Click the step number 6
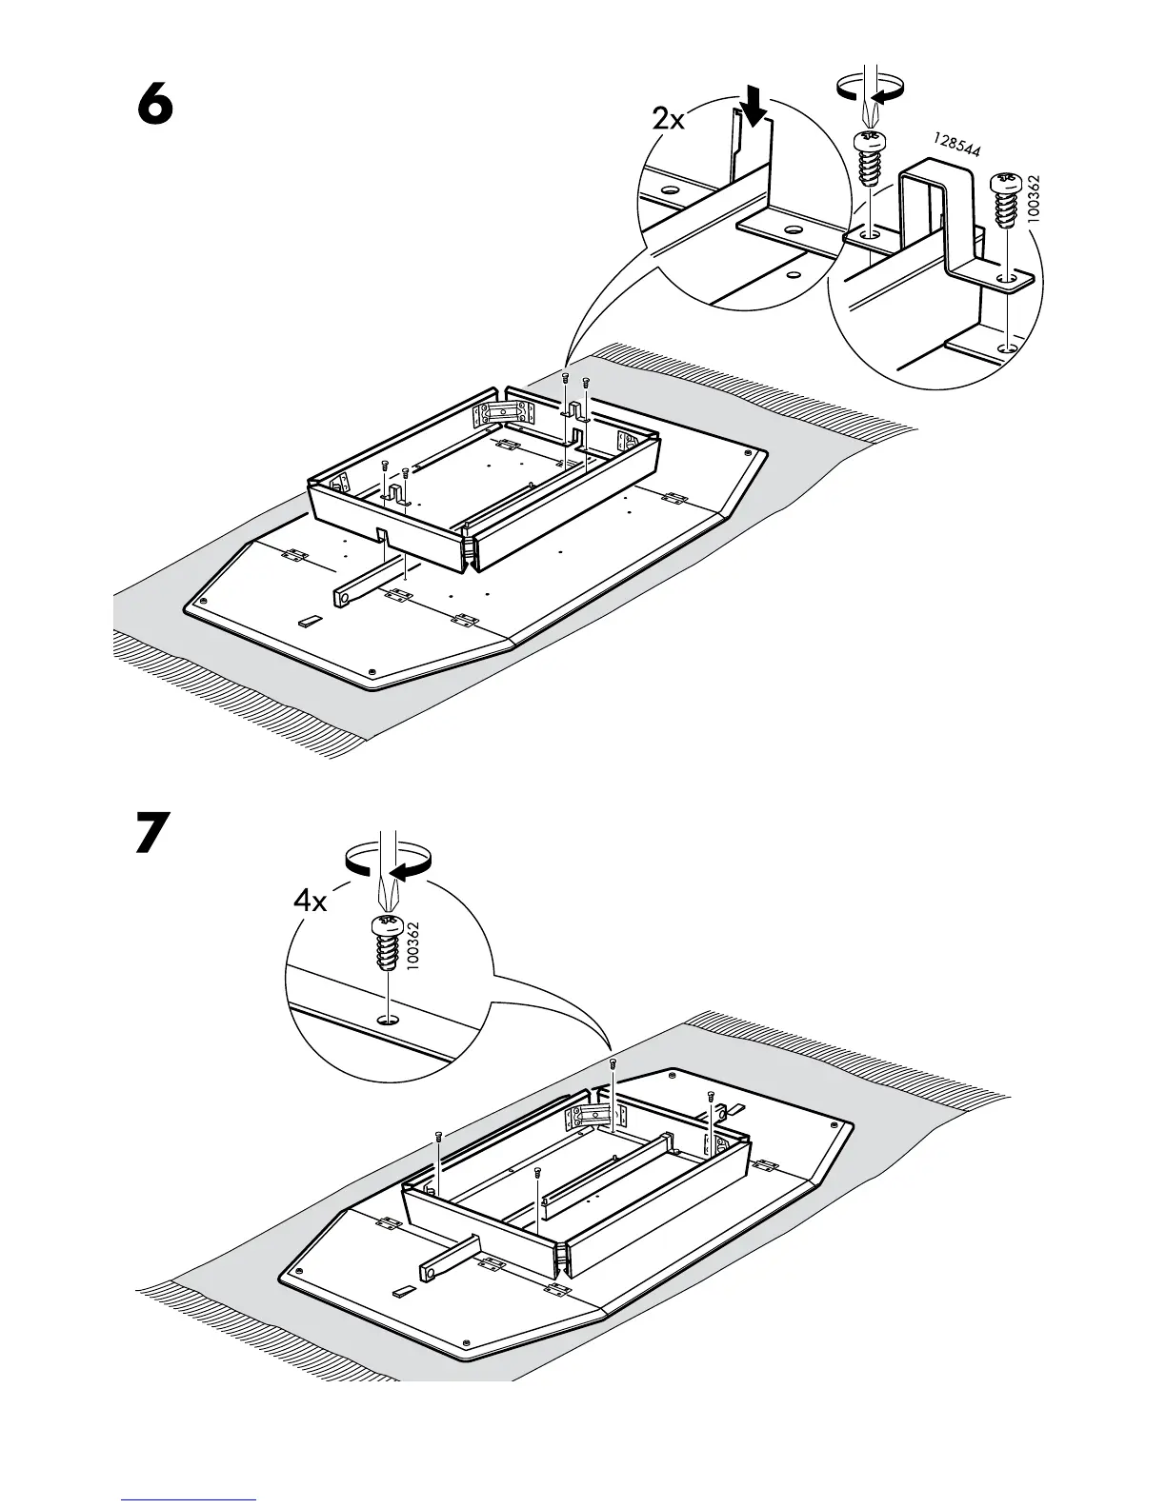click(156, 105)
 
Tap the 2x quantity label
click(669, 119)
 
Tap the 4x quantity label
click(310, 901)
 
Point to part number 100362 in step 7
click(412, 942)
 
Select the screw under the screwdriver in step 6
click(869, 160)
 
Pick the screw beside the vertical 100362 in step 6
click(1005, 200)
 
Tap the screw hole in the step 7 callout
click(387, 1021)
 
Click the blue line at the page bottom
click(189, 1498)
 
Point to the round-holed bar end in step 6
click(343, 597)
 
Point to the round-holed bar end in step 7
click(430, 1271)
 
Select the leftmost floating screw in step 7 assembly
click(438, 1136)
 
